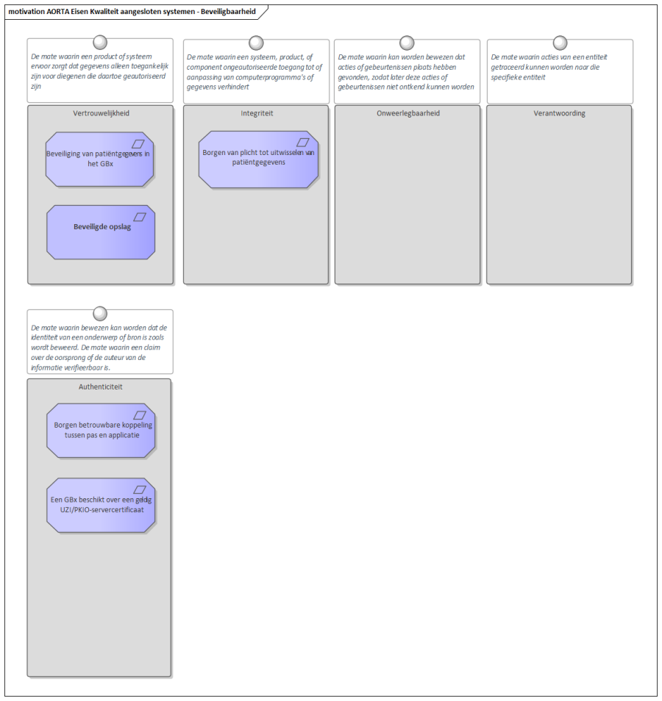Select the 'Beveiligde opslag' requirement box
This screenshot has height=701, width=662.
(101, 232)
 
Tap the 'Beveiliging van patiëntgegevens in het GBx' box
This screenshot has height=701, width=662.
(99, 159)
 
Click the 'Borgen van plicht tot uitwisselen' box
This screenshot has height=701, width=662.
(258, 159)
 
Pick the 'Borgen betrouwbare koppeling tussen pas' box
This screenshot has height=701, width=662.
(101, 431)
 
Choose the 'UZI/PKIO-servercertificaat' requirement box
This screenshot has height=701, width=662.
(101, 506)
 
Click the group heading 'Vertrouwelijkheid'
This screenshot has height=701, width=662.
(102, 113)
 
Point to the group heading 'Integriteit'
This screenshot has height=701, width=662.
(257, 113)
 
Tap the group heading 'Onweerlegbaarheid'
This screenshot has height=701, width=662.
(408, 113)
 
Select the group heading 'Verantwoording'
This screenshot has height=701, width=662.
(560, 113)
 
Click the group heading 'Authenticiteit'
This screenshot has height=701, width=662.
(100, 387)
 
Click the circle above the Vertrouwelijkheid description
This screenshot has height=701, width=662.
(100, 43)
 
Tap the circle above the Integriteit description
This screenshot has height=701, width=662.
(256, 43)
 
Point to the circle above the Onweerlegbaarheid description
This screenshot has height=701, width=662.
(407, 43)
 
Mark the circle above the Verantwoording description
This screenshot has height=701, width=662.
(560, 43)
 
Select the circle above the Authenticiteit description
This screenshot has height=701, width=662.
(100, 314)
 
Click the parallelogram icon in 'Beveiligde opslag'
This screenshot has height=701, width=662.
(140, 217)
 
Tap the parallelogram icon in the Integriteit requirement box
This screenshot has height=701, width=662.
(303, 142)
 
